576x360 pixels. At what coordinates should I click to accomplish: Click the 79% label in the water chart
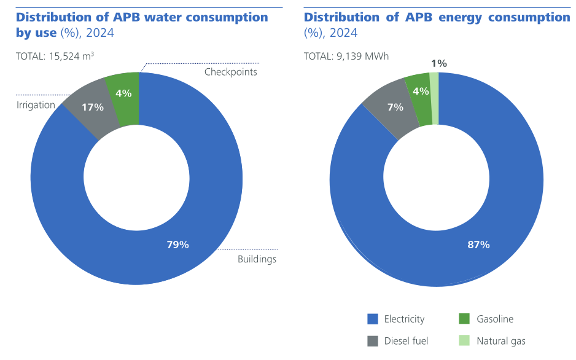pyautogui.click(x=177, y=245)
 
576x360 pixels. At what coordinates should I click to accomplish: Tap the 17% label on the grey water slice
pyautogui.click(x=93, y=107)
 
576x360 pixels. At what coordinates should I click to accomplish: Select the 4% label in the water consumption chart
pyautogui.click(x=123, y=93)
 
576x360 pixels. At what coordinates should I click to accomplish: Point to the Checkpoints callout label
pyautogui.click(x=230, y=72)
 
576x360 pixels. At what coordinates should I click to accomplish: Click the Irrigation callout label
pyautogui.click(x=36, y=105)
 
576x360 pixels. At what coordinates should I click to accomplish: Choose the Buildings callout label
pyautogui.click(x=257, y=259)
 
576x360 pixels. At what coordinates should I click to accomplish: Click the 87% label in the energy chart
pyautogui.click(x=478, y=245)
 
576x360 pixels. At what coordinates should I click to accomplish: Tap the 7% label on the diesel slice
pyautogui.click(x=395, y=107)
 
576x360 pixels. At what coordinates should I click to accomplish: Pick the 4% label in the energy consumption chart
pyautogui.click(x=421, y=92)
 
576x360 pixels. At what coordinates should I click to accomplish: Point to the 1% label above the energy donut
pyautogui.click(x=438, y=63)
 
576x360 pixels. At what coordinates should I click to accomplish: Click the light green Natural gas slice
pyautogui.click(x=434, y=98)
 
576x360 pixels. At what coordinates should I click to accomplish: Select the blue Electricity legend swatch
pyautogui.click(x=372, y=319)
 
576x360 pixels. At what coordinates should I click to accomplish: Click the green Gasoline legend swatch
pyautogui.click(x=464, y=319)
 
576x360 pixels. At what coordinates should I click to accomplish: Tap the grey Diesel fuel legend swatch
pyautogui.click(x=372, y=341)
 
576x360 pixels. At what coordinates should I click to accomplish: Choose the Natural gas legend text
pyautogui.click(x=501, y=341)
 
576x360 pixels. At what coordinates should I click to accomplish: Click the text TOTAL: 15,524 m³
pyautogui.click(x=55, y=56)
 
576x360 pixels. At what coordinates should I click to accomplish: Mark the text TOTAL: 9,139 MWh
pyautogui.click(x=346, y=56)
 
